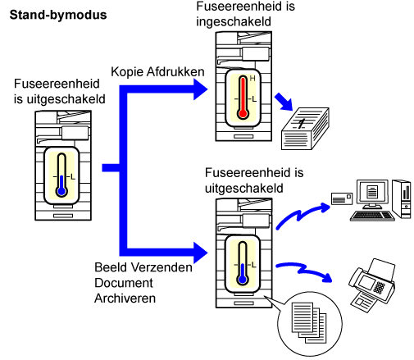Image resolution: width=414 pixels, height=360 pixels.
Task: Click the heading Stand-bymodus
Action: coord(58,15)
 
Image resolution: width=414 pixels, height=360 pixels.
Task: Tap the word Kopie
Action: coord(127,72)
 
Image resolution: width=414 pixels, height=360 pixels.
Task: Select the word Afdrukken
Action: coord(175,71)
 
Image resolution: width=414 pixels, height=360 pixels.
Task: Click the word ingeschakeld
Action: coord(234,22)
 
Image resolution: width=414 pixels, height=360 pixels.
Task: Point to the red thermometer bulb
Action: coord(243,114)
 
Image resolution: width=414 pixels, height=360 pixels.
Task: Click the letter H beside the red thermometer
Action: coord(252,79)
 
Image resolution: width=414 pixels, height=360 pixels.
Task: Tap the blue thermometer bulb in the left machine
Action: coord(61,191)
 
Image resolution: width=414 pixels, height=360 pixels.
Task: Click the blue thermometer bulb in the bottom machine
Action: coord(243,280)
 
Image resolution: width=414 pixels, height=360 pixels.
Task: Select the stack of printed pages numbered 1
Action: coord(305,129)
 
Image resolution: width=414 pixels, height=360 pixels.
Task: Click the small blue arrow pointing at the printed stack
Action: coord(284,102)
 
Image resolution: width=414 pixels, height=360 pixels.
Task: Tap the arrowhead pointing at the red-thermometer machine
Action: coord(200,89)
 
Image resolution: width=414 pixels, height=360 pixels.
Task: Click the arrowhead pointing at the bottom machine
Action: coord(200,253)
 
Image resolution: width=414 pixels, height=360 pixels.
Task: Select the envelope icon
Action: coord(342,198)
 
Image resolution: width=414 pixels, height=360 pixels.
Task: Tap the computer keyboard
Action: coord(372,216)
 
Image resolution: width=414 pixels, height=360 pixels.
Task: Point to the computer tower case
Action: coord(402,198)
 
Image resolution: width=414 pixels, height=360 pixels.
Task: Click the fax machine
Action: coord(372,285)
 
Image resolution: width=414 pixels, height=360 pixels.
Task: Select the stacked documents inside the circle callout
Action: coord(309,322)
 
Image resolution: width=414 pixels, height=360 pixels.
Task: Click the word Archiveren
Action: coord(125,298)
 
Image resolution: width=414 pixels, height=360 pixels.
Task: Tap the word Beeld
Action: coord(111,267)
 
